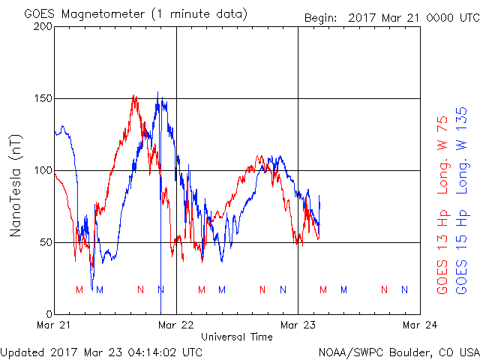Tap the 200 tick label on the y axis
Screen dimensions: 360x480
tap(43, 26)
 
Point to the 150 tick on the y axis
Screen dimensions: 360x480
tap(43, 98)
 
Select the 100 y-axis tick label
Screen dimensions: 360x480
tap(43, 170)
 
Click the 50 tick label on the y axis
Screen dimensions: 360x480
tap(46, 242)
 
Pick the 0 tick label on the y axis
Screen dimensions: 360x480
tap(49, 314)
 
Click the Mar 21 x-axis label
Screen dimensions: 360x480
tap(55, 325)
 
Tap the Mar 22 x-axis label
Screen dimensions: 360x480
tap(176, 325)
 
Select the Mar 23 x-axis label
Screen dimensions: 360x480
tap(298, 325)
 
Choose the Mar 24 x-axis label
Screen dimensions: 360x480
tap(419, 325)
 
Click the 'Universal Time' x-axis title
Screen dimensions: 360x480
tap(237, 337)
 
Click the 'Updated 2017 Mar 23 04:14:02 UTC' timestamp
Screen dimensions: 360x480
tap(101, 351)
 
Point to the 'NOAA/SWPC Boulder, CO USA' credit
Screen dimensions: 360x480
tap(398, 351)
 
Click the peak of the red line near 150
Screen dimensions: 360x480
tap(133, 96)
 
